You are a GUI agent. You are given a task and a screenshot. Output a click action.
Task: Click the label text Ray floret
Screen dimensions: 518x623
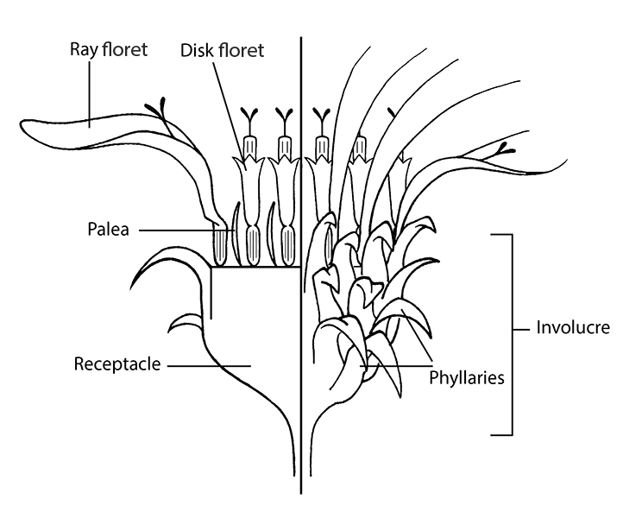click(109, 49)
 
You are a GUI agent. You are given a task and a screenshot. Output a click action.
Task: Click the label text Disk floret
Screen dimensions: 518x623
click(222, 49)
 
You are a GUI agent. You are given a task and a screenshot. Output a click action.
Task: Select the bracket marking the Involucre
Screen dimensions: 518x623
click(512, 332)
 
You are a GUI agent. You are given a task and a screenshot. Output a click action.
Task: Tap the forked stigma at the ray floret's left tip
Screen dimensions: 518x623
click(157, 109)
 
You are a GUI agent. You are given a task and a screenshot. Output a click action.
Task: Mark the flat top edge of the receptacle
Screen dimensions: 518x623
click(255, 267)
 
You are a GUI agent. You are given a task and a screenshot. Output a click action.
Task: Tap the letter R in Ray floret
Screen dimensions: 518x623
click(75, 49)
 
